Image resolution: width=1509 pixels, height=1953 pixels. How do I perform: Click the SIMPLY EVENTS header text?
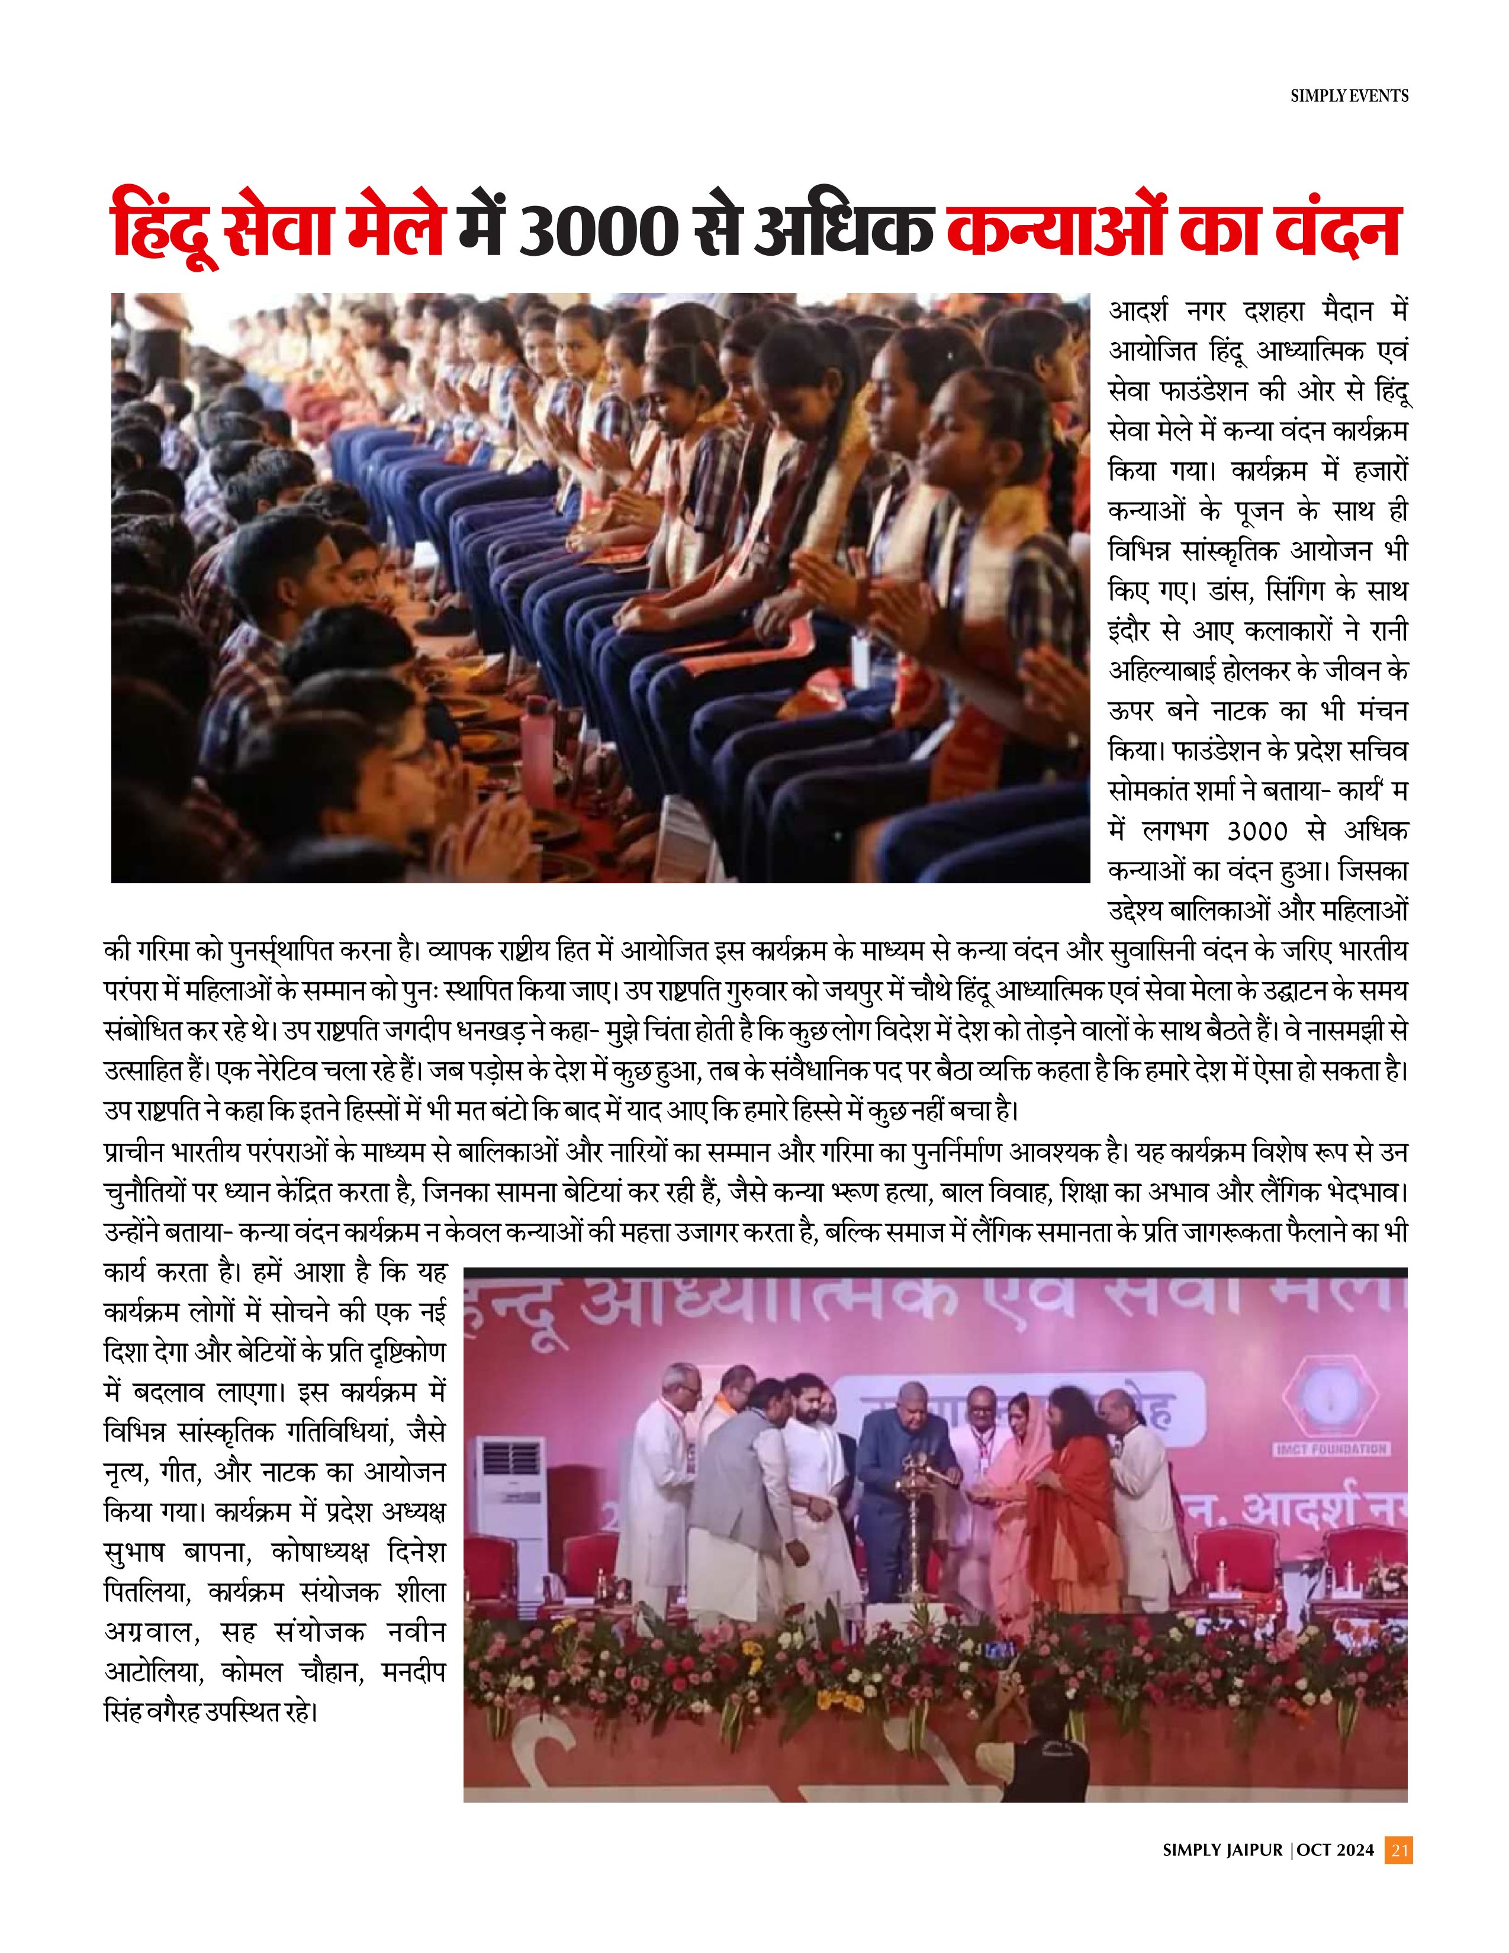[1349, 96]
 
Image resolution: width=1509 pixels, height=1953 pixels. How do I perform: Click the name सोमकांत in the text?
[1147, 792]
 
